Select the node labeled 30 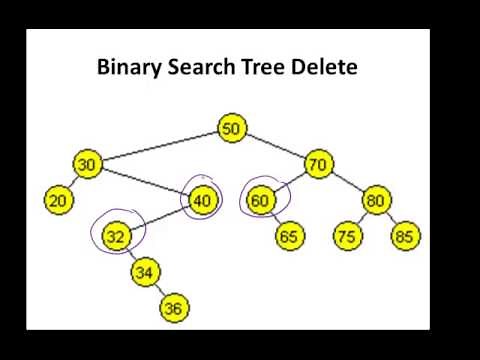coord(88,165)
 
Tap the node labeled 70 coord(318,165)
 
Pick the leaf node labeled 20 coord(59,200)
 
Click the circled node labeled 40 coord(202,200)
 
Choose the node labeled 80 coord(375,200)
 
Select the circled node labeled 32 coord(117,236)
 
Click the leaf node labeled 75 coord(347,236)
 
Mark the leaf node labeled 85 coord(405,236)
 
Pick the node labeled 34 coord(145,271)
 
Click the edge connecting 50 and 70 coord(275,146)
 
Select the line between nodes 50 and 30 coord(160,146)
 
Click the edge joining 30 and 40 coord(145,182)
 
